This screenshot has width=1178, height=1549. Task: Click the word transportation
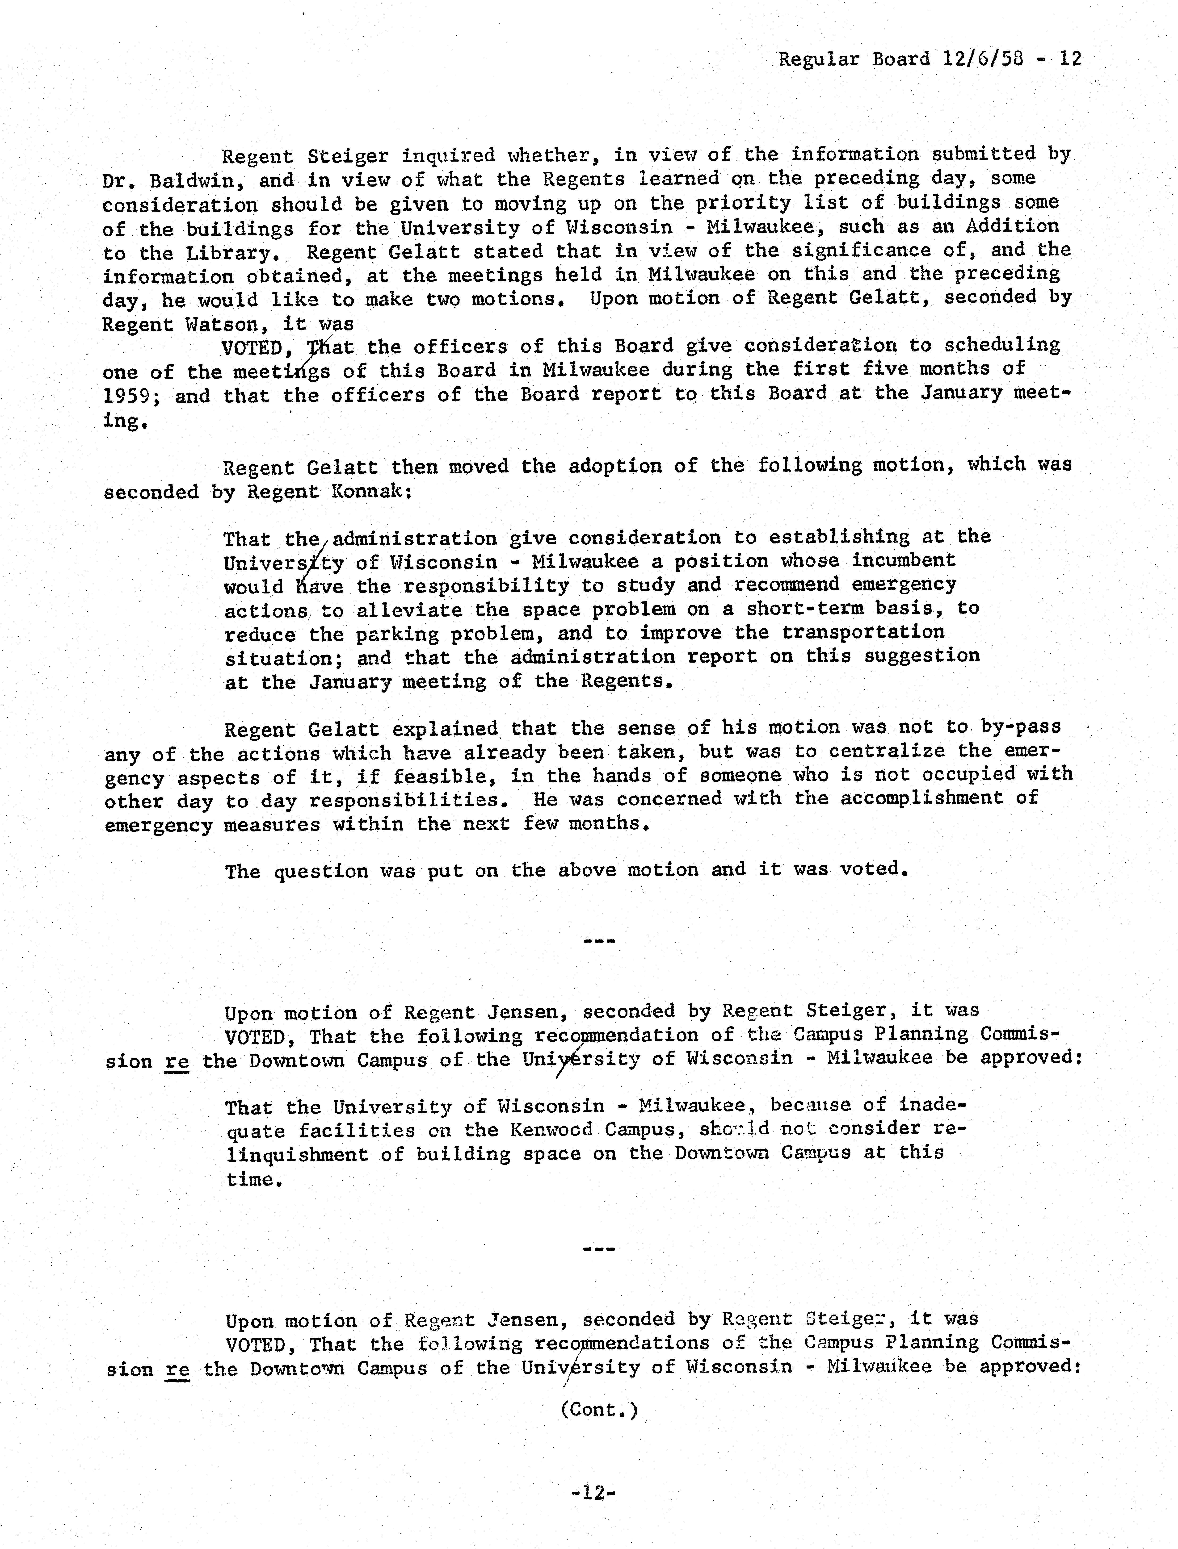pos(862,632)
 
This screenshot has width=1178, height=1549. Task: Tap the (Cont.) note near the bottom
pos(599,1410)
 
